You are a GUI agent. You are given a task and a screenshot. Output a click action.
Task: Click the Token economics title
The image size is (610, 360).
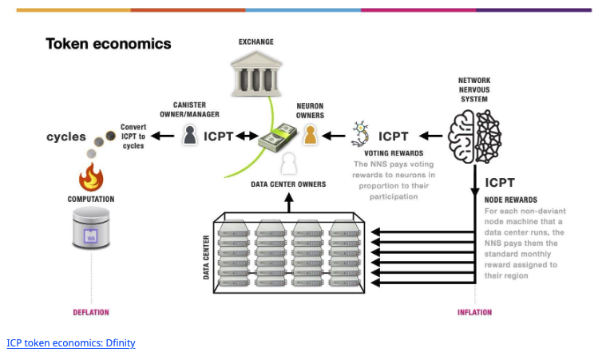[x=108, y=44]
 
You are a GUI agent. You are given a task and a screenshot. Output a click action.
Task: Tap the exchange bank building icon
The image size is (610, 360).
[x=256, y=73]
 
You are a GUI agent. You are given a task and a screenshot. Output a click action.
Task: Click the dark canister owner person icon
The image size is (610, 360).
[x=190, y=135]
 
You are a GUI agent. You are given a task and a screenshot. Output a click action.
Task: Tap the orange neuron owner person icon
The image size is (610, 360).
[x=310, y=135]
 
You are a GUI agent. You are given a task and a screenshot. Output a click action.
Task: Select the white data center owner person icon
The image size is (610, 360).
[x=288, y=164]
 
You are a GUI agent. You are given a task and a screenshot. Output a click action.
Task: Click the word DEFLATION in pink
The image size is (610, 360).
[x=91, y=312]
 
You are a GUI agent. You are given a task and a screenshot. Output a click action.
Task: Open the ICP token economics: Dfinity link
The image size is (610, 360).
[x=71, y=343]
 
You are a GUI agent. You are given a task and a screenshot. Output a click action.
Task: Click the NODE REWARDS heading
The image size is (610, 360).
[x=511, y=200]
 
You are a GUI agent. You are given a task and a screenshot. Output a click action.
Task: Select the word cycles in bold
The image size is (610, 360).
[x=66, y=136]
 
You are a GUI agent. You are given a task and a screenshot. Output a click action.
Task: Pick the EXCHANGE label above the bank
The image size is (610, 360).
[x=256, y=40]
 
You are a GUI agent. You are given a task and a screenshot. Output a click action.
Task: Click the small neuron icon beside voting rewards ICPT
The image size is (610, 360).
[x=360, y=134]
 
